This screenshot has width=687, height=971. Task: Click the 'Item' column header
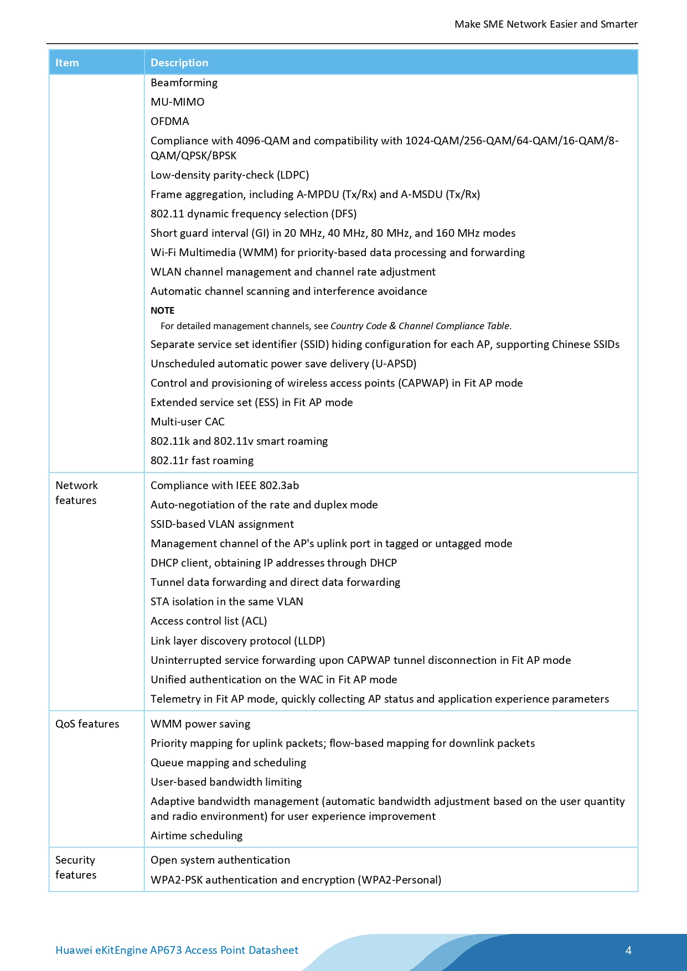tap(67, 63)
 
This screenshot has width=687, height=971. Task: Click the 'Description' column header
tap(179, 63)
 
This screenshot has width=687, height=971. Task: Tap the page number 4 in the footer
tap(628, 950)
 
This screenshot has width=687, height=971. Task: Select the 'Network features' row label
tap(76, 492)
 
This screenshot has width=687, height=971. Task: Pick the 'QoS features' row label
tap(87, 724)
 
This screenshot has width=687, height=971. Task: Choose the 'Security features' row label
tap(76, 867)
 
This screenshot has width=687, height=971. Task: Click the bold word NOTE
tap(162, 310)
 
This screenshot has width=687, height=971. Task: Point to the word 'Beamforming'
tap(184, 82)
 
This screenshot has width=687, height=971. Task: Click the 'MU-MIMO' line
tap(177, 102)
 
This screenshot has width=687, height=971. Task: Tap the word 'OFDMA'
tap(169, 121)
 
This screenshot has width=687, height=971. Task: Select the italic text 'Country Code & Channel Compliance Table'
tap(420, 326)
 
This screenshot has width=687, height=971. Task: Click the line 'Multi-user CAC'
tap(188, 422)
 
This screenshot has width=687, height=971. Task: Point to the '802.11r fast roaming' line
tap(202, 460)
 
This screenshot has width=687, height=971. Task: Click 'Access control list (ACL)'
tap(209, 621)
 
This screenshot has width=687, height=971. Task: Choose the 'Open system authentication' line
tap(220, 860)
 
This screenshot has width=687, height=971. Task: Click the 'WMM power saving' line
tap(200, 724)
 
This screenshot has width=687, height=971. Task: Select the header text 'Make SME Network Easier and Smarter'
tap(546, 24)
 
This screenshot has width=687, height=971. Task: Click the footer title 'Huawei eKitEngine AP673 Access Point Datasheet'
tap(177, 950)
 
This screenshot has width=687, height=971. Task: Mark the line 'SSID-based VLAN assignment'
tap(222, 524)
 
